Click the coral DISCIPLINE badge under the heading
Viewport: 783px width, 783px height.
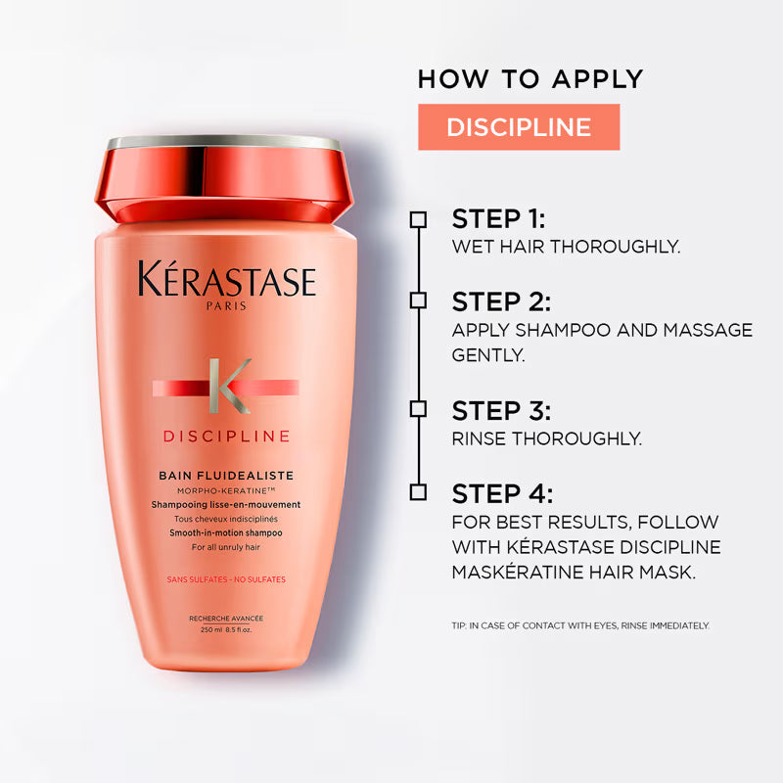click(x=519, y=127)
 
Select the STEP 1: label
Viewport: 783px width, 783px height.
click(x=498, y=217)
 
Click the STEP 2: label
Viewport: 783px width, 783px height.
click(x=500, y=300)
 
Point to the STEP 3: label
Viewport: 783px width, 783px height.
click(x=500, y=409)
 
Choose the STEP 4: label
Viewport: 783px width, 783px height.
click(x=500, y=492)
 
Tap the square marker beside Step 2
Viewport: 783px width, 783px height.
click(x=419, y=299)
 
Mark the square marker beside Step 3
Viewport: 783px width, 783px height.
click(x=419, y=408)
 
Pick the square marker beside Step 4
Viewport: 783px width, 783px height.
click(x=419, y=491)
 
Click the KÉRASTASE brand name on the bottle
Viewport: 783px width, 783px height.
click(x=227, y=281)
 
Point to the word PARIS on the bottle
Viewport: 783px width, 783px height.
click(x=227, y=306)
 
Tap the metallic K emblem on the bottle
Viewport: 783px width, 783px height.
click(x=227, y=386)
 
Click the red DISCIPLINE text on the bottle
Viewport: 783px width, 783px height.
click(x=226, y=436)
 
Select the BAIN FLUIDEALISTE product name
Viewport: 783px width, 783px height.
click(x=226, y=476)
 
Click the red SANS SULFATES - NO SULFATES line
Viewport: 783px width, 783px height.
click(x=226, y=579)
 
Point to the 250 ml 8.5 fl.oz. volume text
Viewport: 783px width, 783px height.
click(x=226, y=629)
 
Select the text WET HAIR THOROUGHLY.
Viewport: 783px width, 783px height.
click(x=566, y=247)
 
